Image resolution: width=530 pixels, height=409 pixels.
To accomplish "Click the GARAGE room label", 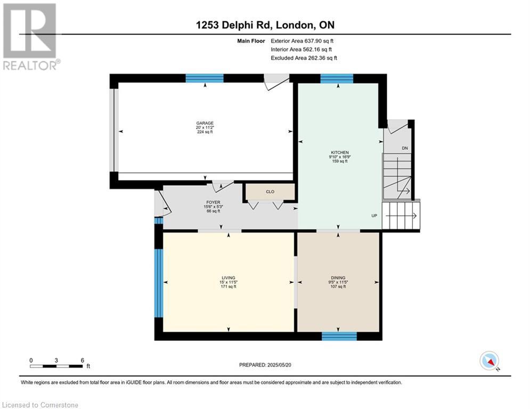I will point(205,123).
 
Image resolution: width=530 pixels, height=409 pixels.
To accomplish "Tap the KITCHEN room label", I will point(339,152).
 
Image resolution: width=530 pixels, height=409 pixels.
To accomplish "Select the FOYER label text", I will point(213,203).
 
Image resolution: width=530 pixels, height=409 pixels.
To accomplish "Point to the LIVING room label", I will point(229,278).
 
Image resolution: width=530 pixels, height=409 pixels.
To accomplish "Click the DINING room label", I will point(338,278).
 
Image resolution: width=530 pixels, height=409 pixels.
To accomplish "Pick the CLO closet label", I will point(270,192).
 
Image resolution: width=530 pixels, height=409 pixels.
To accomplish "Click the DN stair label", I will point(405,148).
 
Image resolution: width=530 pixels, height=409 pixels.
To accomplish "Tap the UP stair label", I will point(374,216).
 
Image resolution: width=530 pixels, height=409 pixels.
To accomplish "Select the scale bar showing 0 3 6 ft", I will point(56,364).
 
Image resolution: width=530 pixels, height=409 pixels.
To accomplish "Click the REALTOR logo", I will point(30,37).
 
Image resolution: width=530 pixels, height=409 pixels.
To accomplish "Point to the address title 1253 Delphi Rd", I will point(264,25).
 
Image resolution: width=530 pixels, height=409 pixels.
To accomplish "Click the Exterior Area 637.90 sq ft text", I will point(303,40).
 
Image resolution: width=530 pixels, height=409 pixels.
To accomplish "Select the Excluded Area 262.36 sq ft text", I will point(304,58).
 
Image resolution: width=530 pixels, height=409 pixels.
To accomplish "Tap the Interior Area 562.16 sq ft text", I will point(303,50).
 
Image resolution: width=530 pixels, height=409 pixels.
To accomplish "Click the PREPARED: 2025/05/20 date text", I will point(266,365).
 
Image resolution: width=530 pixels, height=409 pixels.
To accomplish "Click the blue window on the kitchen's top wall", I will point(337,78).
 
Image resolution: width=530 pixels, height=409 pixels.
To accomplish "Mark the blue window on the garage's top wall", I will point(205,78).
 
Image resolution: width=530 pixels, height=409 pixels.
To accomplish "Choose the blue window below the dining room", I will point(339,336).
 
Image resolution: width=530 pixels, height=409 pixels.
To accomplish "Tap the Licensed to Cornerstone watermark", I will point(40,405).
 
